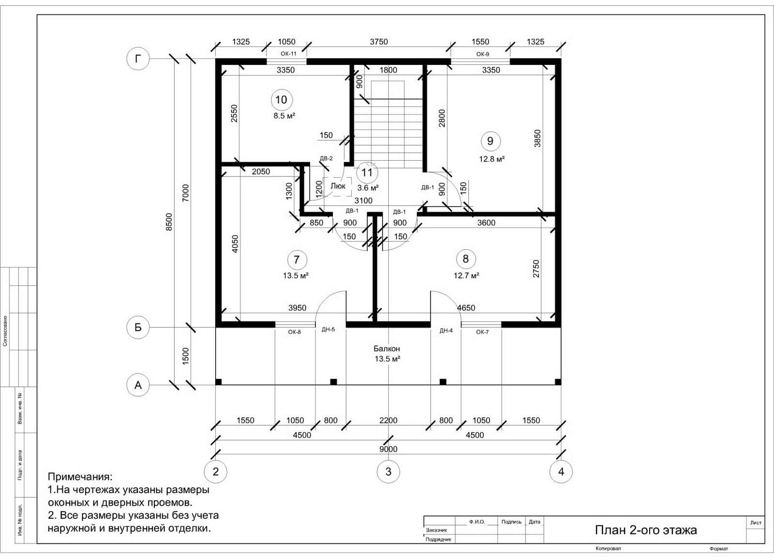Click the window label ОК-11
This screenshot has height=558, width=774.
(288, 54)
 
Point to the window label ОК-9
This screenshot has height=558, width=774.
(483, 54)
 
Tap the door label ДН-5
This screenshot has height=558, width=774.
(328, 330)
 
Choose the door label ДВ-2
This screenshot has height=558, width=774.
(326, 158)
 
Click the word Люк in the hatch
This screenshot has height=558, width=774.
(338, 186)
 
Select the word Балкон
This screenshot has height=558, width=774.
(387, 348)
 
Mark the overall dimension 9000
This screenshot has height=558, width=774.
(388, 449)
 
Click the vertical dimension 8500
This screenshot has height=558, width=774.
(169, 222)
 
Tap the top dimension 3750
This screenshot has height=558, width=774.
(379, 42)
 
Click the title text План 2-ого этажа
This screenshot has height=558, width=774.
(646, 530)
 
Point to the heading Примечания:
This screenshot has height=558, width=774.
(80, 477)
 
